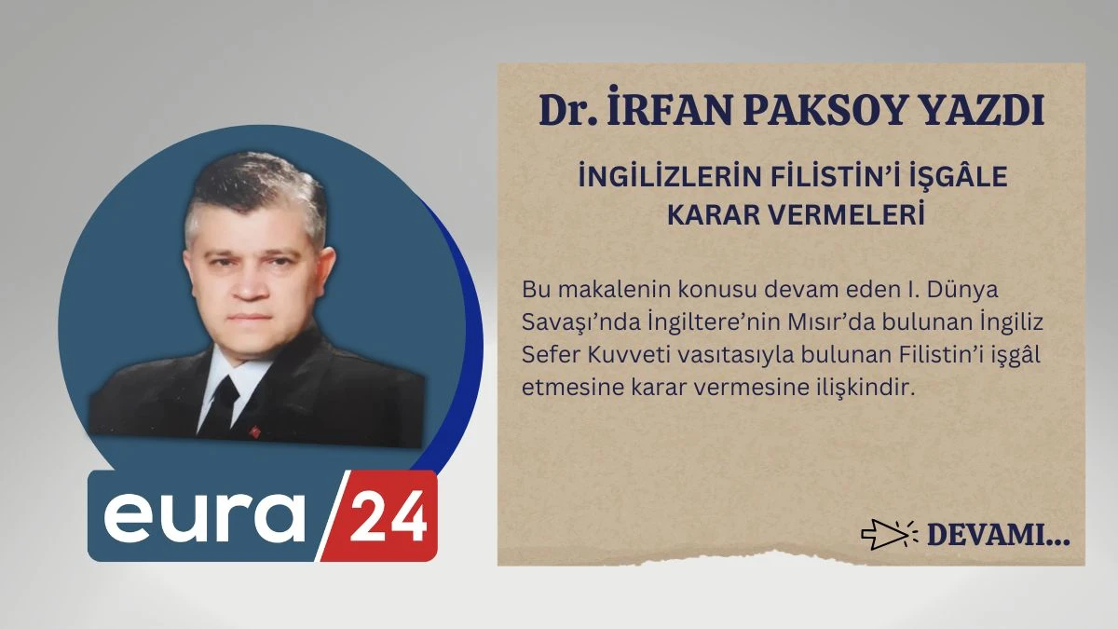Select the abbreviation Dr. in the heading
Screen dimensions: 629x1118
coord(566,112)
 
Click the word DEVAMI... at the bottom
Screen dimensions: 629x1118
coord(998,535)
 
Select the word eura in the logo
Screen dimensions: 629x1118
coord(203,515)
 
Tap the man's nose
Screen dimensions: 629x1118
coord(251,277)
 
